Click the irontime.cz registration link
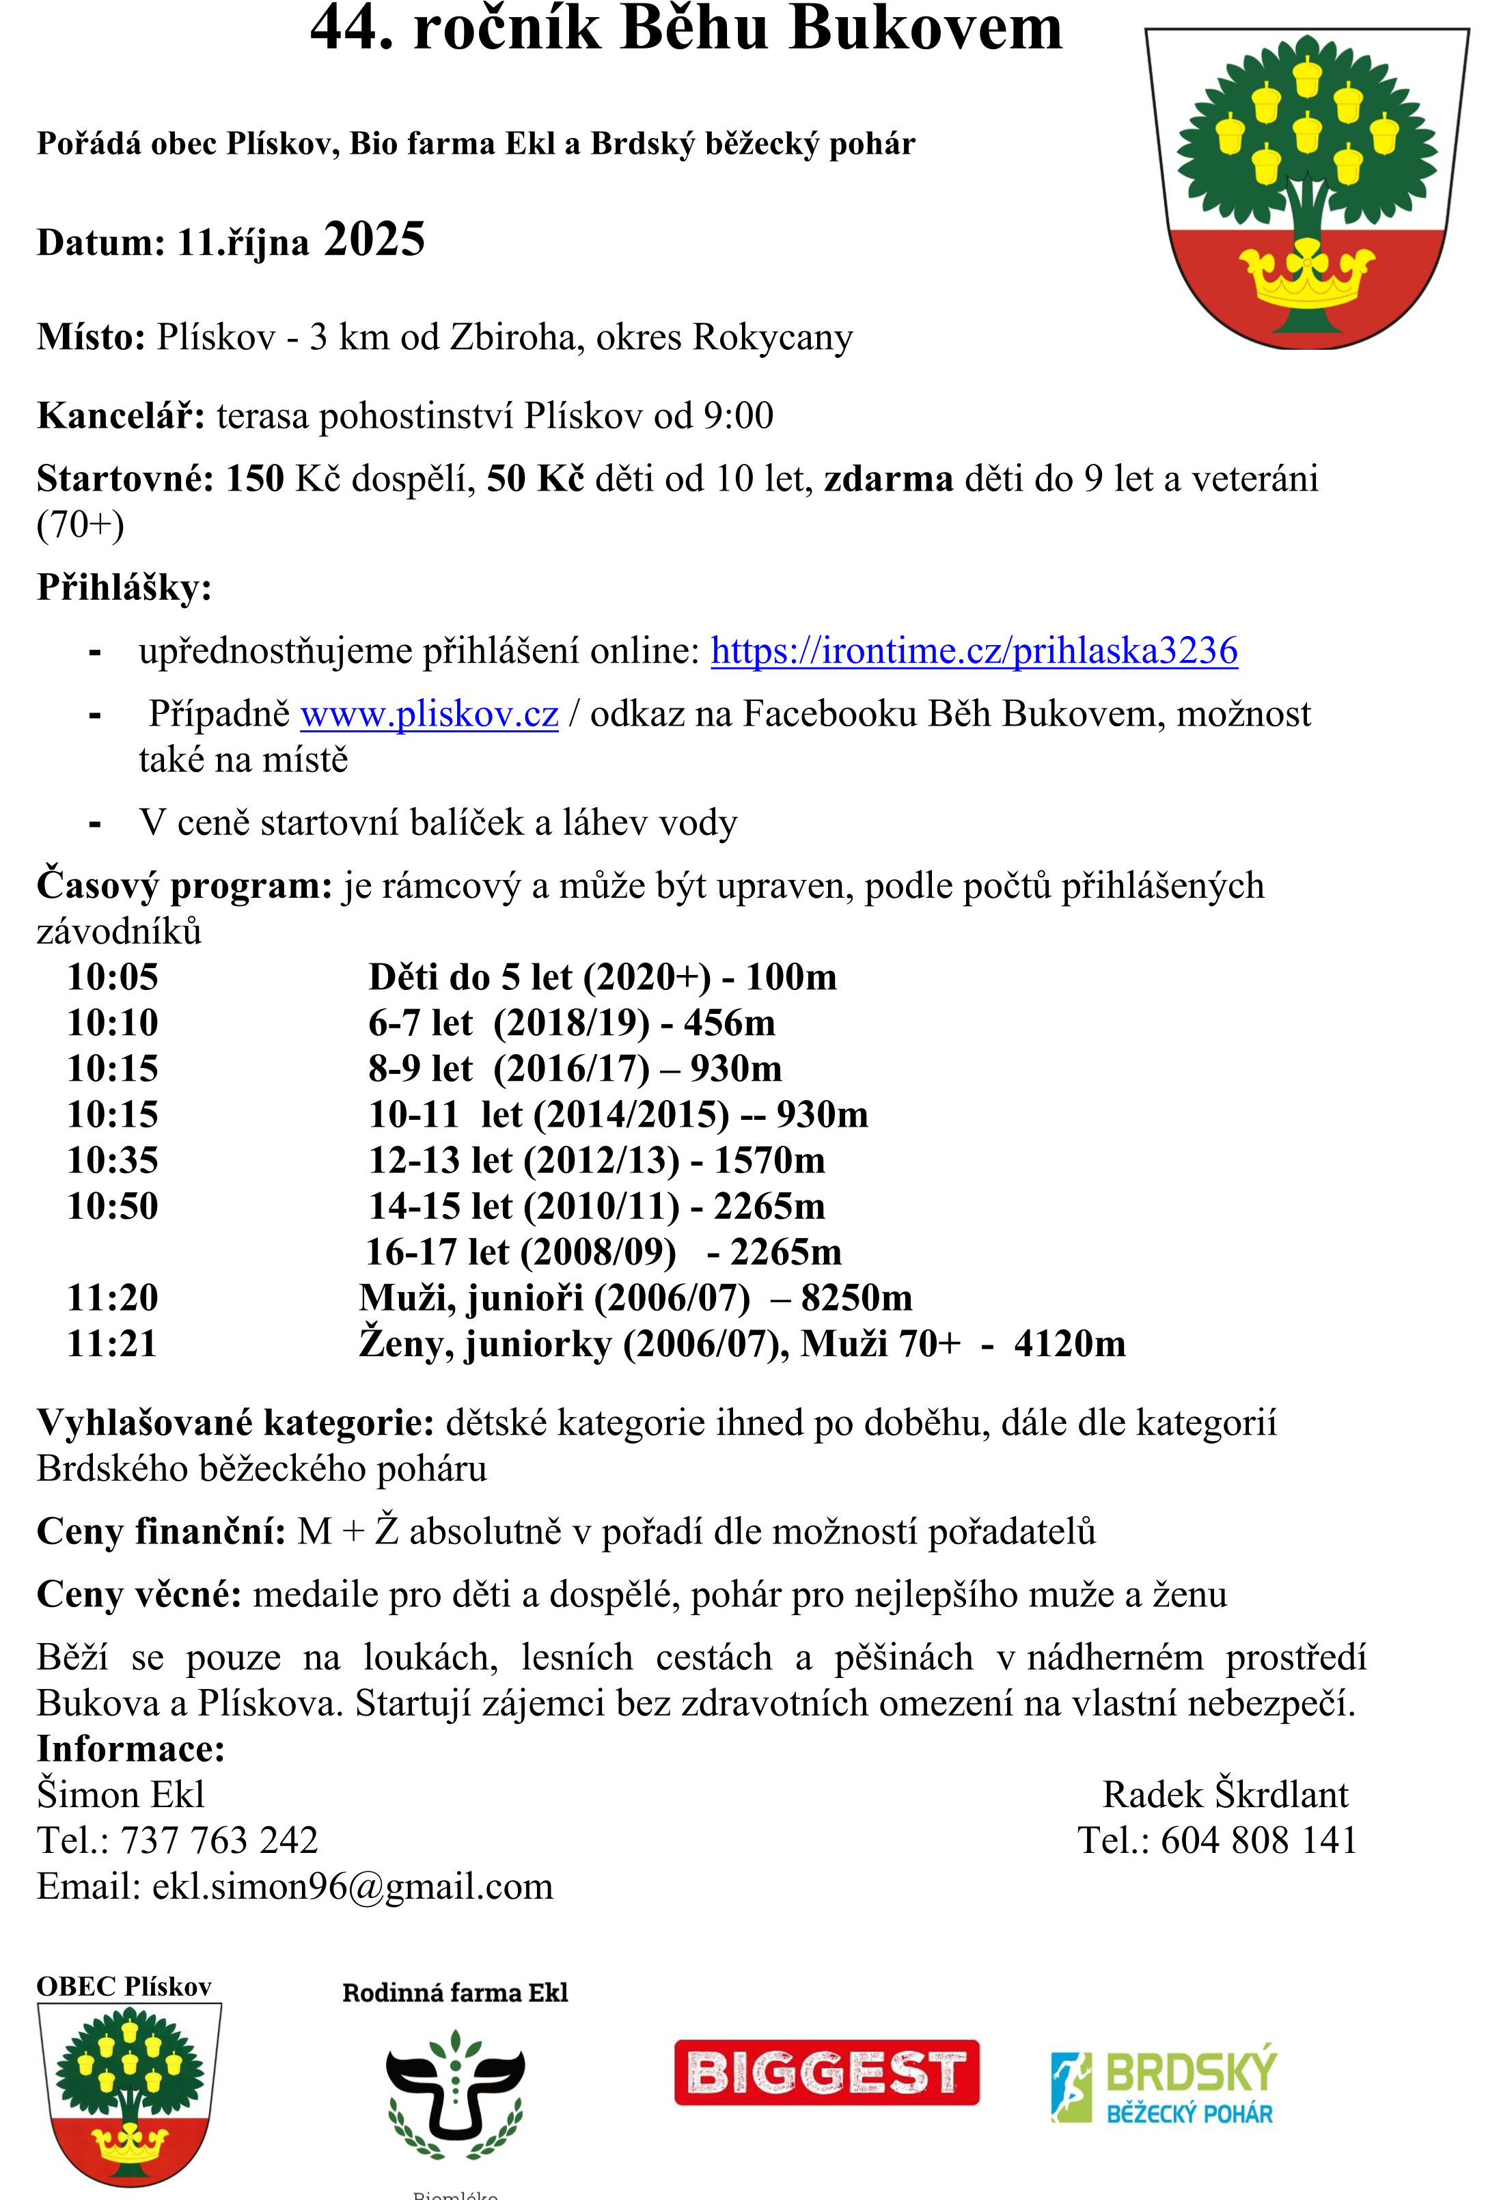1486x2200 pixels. (974, 651)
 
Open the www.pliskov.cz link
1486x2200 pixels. (429, 715)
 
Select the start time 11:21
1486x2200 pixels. (111, 1343)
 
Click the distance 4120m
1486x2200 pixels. (1069, 1343)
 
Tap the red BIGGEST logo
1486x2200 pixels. (826, 2072)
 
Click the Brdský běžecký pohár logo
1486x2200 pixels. (1164, 2087)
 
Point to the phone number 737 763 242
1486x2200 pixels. (219, 1840)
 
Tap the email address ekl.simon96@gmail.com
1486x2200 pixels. (352, 1886)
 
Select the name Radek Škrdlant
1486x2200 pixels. (1225, 1795)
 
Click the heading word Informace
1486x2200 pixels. (130, 1748)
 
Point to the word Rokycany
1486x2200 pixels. (772, 337)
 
